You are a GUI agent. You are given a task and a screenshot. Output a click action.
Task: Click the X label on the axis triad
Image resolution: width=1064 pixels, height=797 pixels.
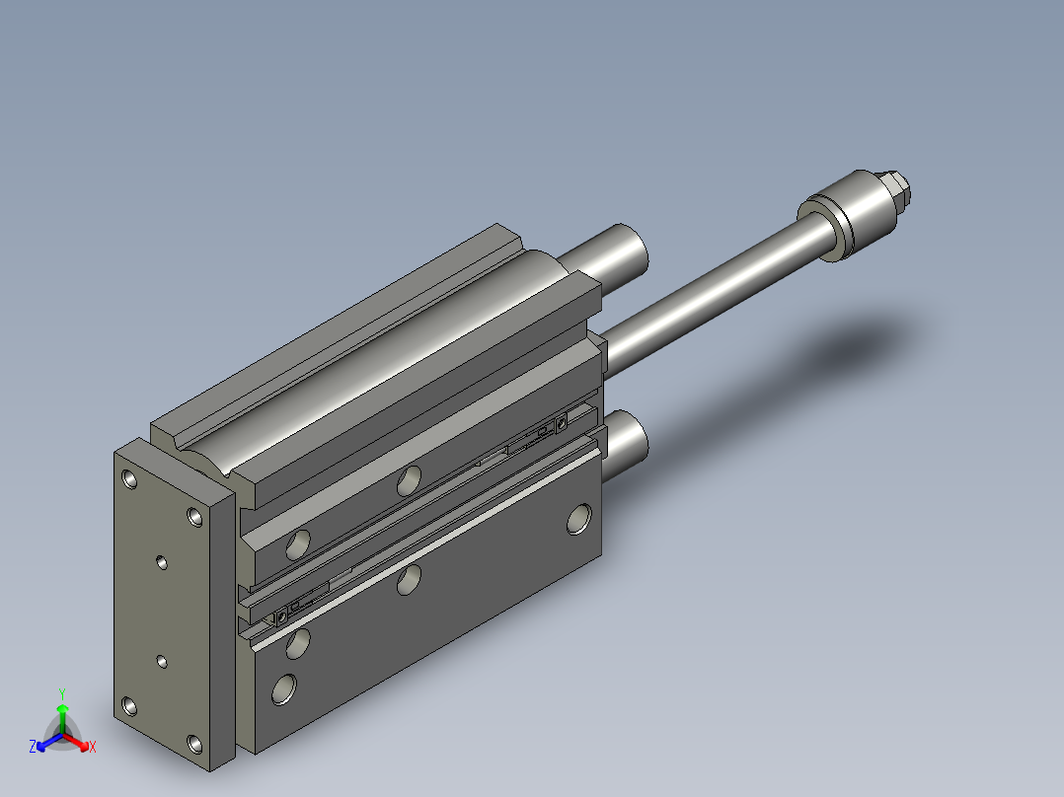pos(93,747)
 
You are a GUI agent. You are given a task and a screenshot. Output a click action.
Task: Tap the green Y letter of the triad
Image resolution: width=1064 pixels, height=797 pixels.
pos(62,693)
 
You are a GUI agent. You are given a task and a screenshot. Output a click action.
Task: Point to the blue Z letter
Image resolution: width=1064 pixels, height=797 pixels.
pos(33,746)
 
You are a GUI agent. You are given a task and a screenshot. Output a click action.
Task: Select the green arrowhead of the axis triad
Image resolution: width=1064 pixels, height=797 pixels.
pos(62,709)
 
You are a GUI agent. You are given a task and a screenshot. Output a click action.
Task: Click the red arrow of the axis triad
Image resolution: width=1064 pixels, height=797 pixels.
pos(76,742)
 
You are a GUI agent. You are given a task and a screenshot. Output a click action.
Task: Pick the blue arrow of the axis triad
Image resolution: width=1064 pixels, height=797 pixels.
pos(49,742)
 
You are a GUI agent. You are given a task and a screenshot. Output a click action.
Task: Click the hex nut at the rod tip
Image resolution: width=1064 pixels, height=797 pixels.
pos(897,190)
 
